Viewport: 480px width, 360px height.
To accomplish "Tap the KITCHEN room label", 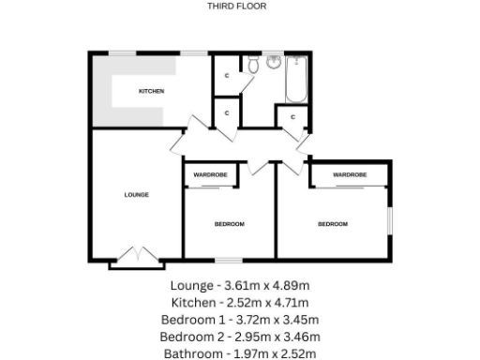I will (152, 91).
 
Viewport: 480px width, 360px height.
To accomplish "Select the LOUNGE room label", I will (137, 194).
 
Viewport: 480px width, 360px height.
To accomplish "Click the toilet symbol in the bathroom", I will (253, 65).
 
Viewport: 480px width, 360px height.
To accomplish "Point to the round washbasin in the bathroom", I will (274, 63).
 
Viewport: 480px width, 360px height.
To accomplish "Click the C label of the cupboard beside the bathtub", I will (292, 117).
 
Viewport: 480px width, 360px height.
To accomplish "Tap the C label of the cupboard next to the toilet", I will (227, 75).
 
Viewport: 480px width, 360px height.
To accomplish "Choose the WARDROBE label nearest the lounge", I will (210, 174).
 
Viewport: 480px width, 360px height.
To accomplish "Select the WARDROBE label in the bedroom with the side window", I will (349, 174).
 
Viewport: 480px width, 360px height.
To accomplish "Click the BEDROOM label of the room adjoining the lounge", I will (229, 224).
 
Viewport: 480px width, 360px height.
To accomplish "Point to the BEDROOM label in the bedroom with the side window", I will (332, 224).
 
